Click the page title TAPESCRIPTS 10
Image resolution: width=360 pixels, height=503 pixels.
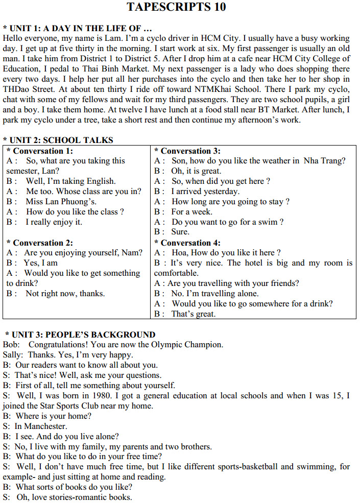[176, 7]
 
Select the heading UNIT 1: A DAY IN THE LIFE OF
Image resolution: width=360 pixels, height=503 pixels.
[80, 28]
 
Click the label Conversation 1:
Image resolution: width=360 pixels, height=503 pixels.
[43, 151]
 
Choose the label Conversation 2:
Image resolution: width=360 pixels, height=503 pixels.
[43, 243]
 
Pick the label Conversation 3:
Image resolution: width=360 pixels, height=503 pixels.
[190, 151]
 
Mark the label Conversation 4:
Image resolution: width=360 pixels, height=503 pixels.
[190, 243]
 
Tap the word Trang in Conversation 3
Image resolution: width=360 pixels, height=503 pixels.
[332, 161]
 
